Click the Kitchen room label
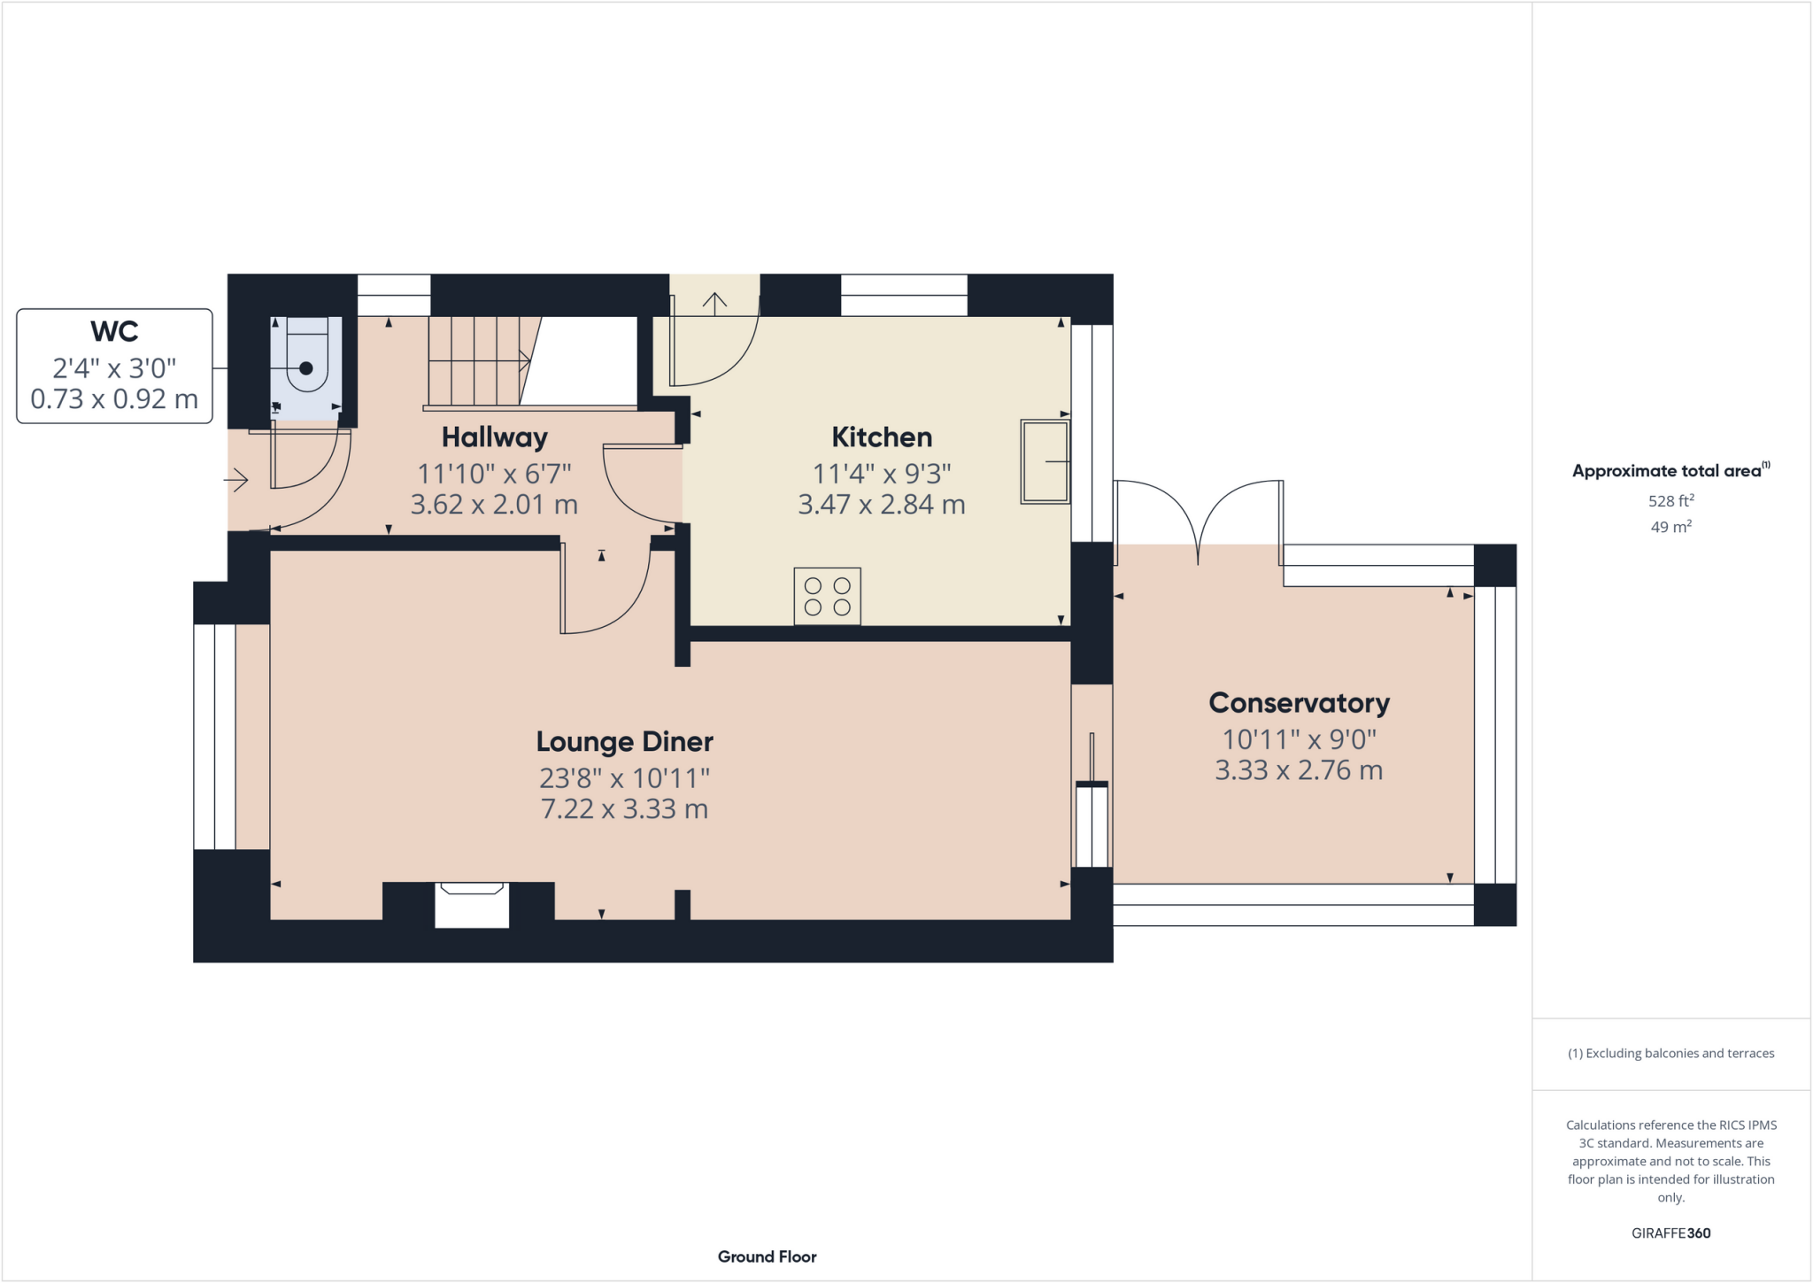881,437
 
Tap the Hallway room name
494,437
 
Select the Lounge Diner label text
624,742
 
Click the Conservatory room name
1299,703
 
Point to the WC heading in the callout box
114,332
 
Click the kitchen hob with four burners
827,596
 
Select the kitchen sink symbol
1045,461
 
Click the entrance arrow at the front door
235,481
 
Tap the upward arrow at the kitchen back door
714,303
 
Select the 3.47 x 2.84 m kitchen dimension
881,505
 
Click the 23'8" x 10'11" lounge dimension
624,778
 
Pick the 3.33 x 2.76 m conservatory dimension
1299,770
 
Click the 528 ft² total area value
1670,501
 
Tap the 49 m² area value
1670,527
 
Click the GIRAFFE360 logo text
1670,1233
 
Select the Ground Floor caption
767,1256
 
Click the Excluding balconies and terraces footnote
1670,1054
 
